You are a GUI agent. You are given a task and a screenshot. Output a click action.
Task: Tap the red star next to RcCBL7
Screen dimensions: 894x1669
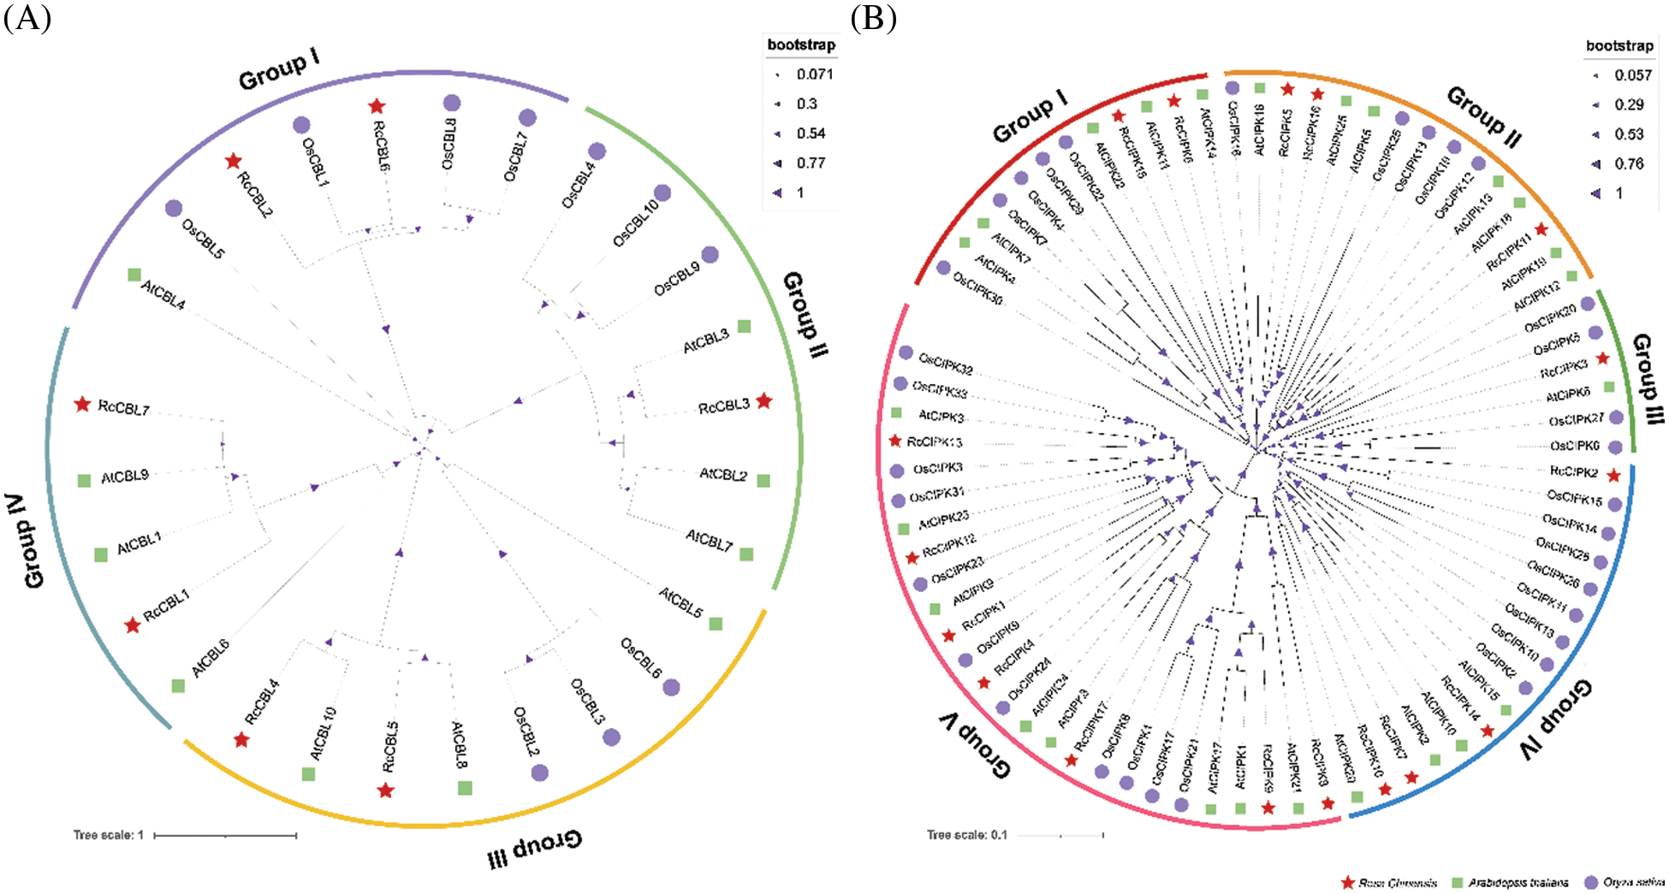(82, 404)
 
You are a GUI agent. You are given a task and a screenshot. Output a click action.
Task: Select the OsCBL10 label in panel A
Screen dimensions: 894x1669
(635, 223)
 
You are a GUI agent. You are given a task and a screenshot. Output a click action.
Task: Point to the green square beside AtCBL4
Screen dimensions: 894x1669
(134, 275)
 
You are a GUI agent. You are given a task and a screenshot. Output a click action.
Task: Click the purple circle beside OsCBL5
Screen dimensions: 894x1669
(174, 208)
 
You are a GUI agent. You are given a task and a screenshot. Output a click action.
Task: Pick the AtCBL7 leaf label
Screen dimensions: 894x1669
(709, 540)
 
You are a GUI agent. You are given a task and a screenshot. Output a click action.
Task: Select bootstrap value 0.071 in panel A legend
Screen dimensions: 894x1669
(814, 74)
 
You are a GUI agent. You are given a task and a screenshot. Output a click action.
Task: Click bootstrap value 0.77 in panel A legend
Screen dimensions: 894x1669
(811, 163)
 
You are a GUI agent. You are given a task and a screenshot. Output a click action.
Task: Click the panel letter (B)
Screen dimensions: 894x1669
(873, 17)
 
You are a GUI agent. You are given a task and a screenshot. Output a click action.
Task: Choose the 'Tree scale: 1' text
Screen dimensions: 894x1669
(109, 835)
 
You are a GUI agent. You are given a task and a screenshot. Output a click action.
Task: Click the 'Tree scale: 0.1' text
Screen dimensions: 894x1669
(966, 835)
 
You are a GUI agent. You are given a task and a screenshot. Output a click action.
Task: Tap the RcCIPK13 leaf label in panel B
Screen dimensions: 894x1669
(935, 442)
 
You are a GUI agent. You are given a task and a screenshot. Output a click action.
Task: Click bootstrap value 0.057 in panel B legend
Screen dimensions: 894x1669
(1633, 75)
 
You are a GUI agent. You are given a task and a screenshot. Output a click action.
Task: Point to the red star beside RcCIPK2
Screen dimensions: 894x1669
(1613, 476)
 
